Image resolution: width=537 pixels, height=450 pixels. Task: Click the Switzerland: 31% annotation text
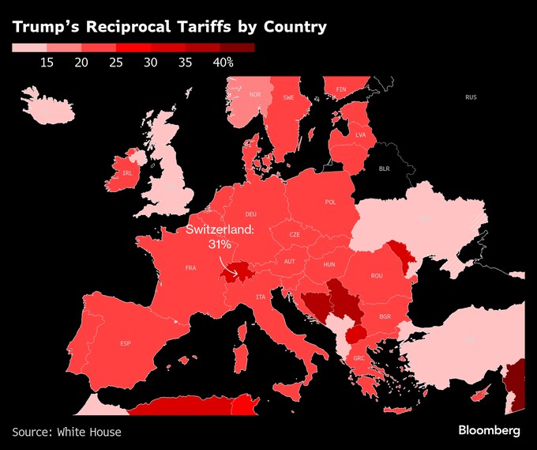point(219,237)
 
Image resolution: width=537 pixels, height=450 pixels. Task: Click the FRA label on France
point(190,268)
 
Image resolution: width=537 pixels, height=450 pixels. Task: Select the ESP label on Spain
point(126,343)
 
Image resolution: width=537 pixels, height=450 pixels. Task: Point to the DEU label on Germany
point(251,214)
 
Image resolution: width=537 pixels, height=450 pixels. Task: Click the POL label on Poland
point(330,202)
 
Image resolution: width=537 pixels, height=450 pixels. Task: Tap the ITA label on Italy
point(261,297)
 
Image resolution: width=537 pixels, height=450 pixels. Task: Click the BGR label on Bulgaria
point(385,316)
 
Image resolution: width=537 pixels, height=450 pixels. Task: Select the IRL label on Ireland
point(127,172)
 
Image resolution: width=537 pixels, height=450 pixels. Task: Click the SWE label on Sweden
point(288,97)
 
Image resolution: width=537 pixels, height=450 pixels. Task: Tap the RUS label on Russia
point(471,97)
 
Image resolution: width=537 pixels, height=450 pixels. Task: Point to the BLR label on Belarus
point(385,168)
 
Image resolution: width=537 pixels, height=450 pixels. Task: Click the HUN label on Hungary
point(330,263)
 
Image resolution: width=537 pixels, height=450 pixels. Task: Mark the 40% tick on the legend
point(223,62)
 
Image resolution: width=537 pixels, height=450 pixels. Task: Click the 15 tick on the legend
point(47,62)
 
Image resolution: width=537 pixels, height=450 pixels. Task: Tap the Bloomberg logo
point(490,430)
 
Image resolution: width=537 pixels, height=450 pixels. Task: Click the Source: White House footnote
point(67,431)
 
